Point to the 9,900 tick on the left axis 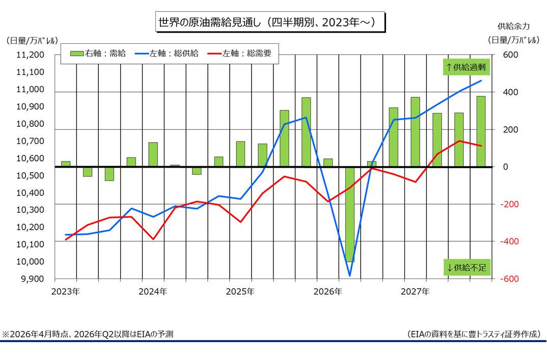[x=32, y=279]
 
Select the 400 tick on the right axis [x=510, y=92]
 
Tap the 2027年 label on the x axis [x=415, y=292]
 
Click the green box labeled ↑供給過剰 [x=467, y=67]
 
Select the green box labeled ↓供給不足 [x=467, y=267]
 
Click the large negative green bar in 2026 [x=349, y=214]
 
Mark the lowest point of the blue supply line [x=349, y=275]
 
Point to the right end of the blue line [x=481, y=80]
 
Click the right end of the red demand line [x=481, y=146]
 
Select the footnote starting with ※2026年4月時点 [x=88, y=334]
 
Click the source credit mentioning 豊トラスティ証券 [x=474, y=334]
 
